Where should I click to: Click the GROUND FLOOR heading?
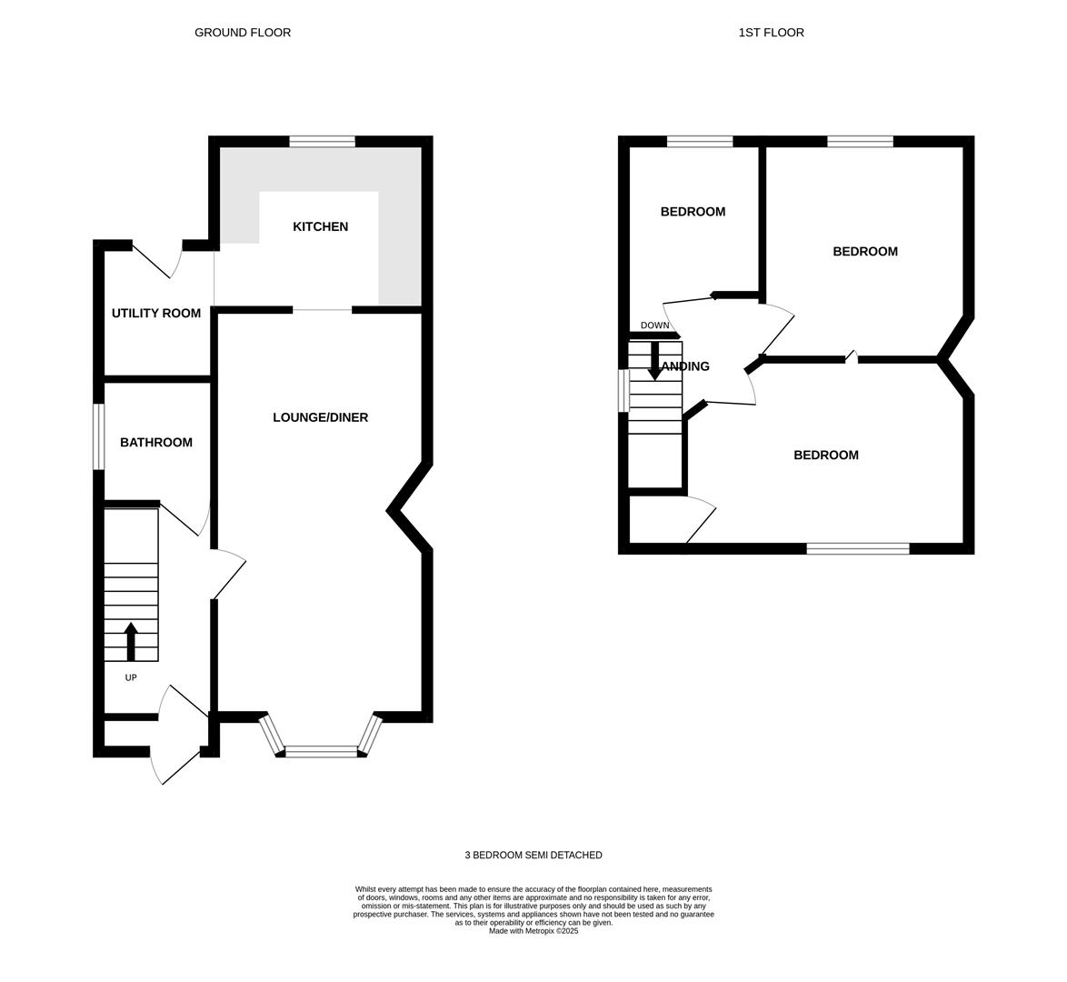(x=243, y=33)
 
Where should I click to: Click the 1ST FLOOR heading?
(x=771, y=33)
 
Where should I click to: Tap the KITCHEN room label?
(x=321, y=226)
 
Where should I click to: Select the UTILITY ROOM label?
(x=156, y=314)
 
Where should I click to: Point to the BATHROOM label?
(x=156, y=443)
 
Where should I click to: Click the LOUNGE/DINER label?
(x=321, y=417)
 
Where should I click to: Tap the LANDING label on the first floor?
(x=686, y=366)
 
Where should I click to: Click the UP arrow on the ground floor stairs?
(x=132, y=642)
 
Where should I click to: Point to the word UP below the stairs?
(x=131, y=677)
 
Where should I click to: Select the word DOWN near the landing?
(x=654, y=326)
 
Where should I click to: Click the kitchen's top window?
(x=322, y=142)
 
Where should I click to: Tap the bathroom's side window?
(x=99, y=436)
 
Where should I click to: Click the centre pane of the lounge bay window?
(x=321, y=751)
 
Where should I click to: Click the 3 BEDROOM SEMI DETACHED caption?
(x=533, y=855)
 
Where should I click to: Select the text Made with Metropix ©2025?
(x=533, y=931)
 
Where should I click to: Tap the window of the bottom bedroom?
(x=858, y=548)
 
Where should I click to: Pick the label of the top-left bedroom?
(x=693, y=212)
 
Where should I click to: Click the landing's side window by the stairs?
(x=623, y=391)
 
